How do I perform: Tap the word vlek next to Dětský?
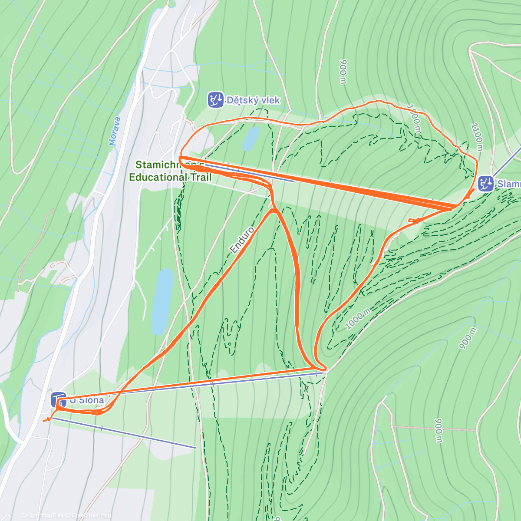[270, 100]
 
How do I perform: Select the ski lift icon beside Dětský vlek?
[215, 99]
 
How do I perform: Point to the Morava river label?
[115, 131]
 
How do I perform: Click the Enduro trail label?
[242, 240]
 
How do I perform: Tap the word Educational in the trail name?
[158, 177]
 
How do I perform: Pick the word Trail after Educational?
[200, 177]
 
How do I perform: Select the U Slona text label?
[87, 400]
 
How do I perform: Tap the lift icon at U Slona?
[58, 399]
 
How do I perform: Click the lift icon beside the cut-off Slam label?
[485, 184]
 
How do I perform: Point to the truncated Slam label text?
[509, 184]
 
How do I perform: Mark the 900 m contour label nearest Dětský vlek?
[343, 72]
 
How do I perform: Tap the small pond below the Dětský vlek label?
[251, 138]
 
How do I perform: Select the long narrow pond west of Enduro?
[162, 301]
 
